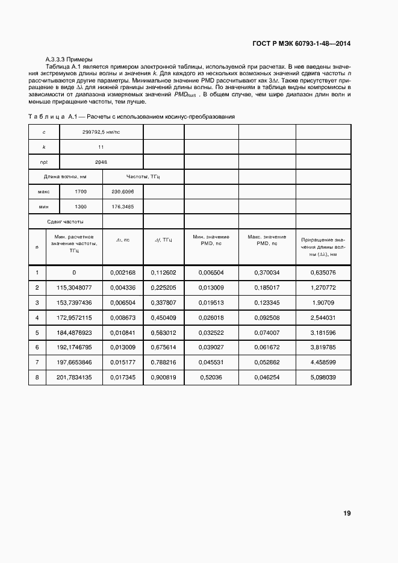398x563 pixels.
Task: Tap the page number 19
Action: point(347,514)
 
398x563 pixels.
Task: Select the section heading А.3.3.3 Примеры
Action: point(69,60)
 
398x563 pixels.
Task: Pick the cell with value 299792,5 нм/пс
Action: point(101,131)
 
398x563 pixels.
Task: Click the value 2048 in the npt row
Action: point(101,161)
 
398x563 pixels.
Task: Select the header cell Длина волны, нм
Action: point(66,176)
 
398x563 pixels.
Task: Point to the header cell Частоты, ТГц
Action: point(143,176)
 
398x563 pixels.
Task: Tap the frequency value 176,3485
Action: point(123,207)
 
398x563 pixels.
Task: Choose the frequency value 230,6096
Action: point(123,191)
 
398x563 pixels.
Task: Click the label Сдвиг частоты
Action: point(66,222)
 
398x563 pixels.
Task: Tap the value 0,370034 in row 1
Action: point(267,272)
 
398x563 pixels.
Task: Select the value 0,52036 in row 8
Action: point(211,378)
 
